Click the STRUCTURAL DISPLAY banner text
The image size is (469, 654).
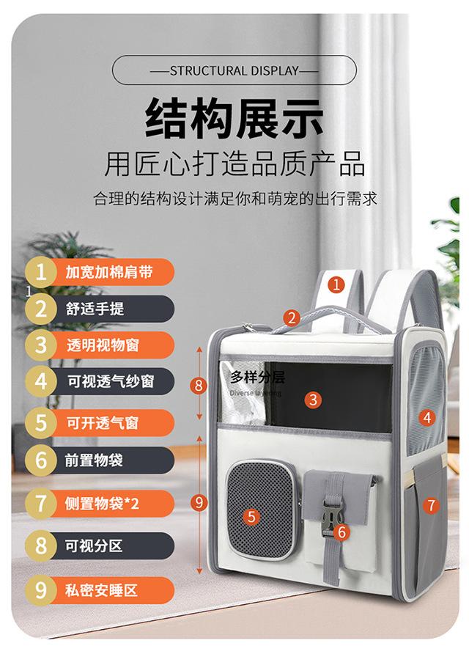coord(234,70)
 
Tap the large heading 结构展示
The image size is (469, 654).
coord(234,118)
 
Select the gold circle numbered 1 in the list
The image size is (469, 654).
coord(40,272)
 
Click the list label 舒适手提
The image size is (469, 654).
coord(95,309)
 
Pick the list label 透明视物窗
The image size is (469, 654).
coord(103,345)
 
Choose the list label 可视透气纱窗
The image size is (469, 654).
coord(111,381)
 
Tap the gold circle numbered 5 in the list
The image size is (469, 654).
coord(40,422)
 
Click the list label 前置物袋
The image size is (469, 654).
coord(94,460)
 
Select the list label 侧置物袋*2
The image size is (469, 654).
coord(102,504)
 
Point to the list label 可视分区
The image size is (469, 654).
coord(94,545)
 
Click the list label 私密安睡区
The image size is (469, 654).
coord(101,590)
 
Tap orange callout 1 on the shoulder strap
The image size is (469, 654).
coord(336,285)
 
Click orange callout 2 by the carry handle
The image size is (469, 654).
coord(292,318)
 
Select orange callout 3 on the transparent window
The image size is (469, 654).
coord(313,400)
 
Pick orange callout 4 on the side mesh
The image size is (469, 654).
coord(426,417)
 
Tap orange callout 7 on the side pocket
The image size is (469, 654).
coord(431,505)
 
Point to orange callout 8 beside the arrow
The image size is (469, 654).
coord(199,385)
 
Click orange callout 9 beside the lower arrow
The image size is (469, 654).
coord(199,502)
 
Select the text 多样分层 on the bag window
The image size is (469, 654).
coord(258,378)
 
